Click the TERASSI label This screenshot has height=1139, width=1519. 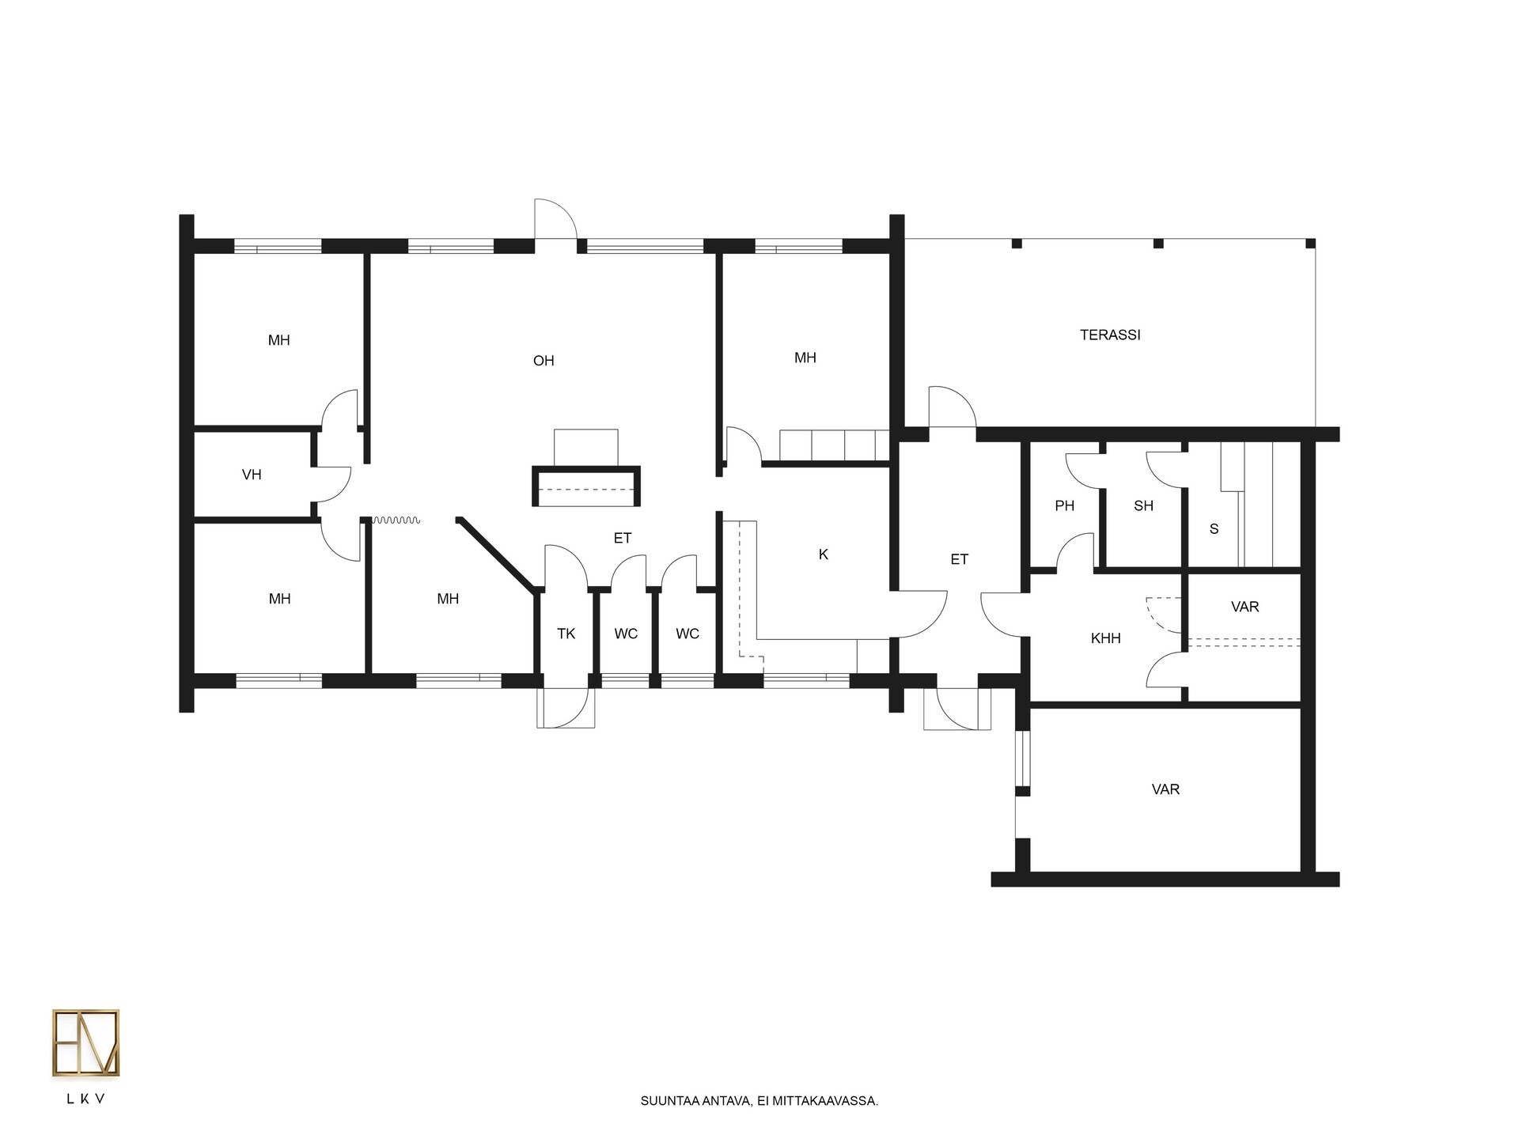click(x=1110, y=335)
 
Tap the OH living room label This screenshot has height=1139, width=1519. click(x=544, y=361)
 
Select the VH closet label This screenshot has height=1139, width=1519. click(x=252, y=475)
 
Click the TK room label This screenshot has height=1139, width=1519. click(x=566, y=634)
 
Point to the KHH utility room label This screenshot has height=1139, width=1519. click(x=1105, y=638)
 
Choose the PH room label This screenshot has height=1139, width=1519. click(x=1065, y=505)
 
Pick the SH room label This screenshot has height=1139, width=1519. click(x=1143, y=505)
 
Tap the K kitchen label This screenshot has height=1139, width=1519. click(x=824, y=554)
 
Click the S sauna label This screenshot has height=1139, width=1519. click(x=1214, y=529)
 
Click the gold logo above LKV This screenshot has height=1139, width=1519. click(x=85, y=1043)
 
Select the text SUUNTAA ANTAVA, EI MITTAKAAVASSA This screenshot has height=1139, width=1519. click(x=759, y=1100)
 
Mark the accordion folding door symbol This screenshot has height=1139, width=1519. click(x=396, y=520)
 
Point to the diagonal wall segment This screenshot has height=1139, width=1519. click(x=496, y=554)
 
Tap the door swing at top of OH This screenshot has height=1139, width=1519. click(x=555, y=218)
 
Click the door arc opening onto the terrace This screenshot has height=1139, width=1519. click(x=953, y=407)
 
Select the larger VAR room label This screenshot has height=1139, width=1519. click(x=1165, y=789)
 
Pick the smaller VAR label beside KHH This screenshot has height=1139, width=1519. click(x=1245, y=607)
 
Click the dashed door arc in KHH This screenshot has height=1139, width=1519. click(x=1163, y=615)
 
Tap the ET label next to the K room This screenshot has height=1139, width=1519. click(x=959, y=559)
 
